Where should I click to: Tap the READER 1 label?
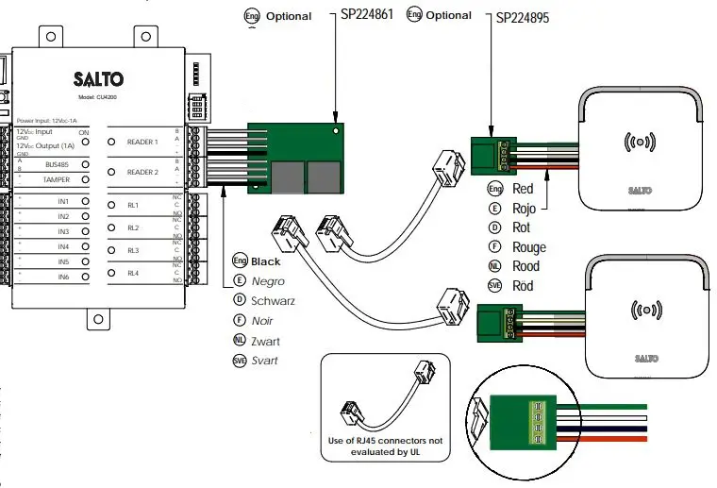(x=142, y=142)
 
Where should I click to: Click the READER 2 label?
(x=142, y=172)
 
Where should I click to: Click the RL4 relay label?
(x=133, y=274)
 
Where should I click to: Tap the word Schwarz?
(x=273, y=301)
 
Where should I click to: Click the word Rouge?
(x=529, y=247)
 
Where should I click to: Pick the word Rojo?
(x=524, y=209)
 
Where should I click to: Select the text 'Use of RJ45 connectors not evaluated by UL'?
(x=383, y=446)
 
